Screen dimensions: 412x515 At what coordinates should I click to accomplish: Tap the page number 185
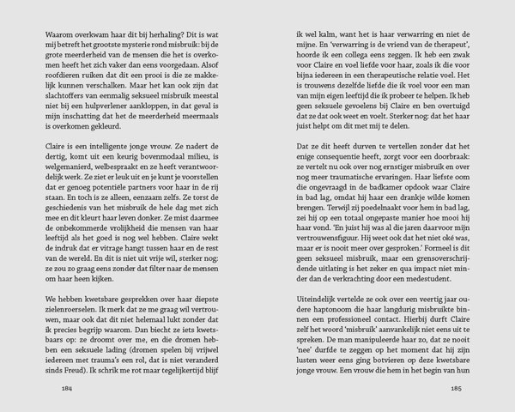[457, 388]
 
